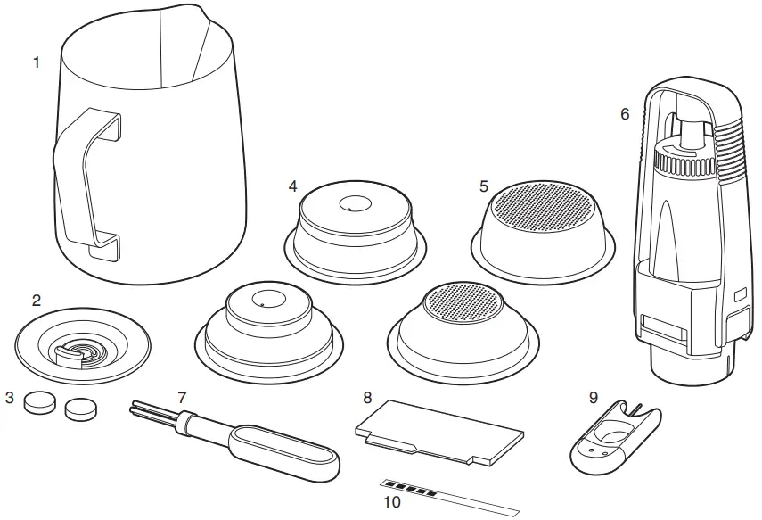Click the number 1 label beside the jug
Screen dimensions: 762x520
pyautogui.click(x=36, y=62)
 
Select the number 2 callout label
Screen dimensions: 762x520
pyautogui.click(x=37, y=301)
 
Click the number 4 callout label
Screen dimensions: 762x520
pyautogui.click(x=292, y=186)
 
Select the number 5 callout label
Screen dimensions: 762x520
pyautogui.click(x=483, y=186)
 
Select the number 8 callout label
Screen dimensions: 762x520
pyautogui.click(x=366, y=396)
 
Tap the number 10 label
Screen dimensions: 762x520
pyautogui.click(x=392, y=502)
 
